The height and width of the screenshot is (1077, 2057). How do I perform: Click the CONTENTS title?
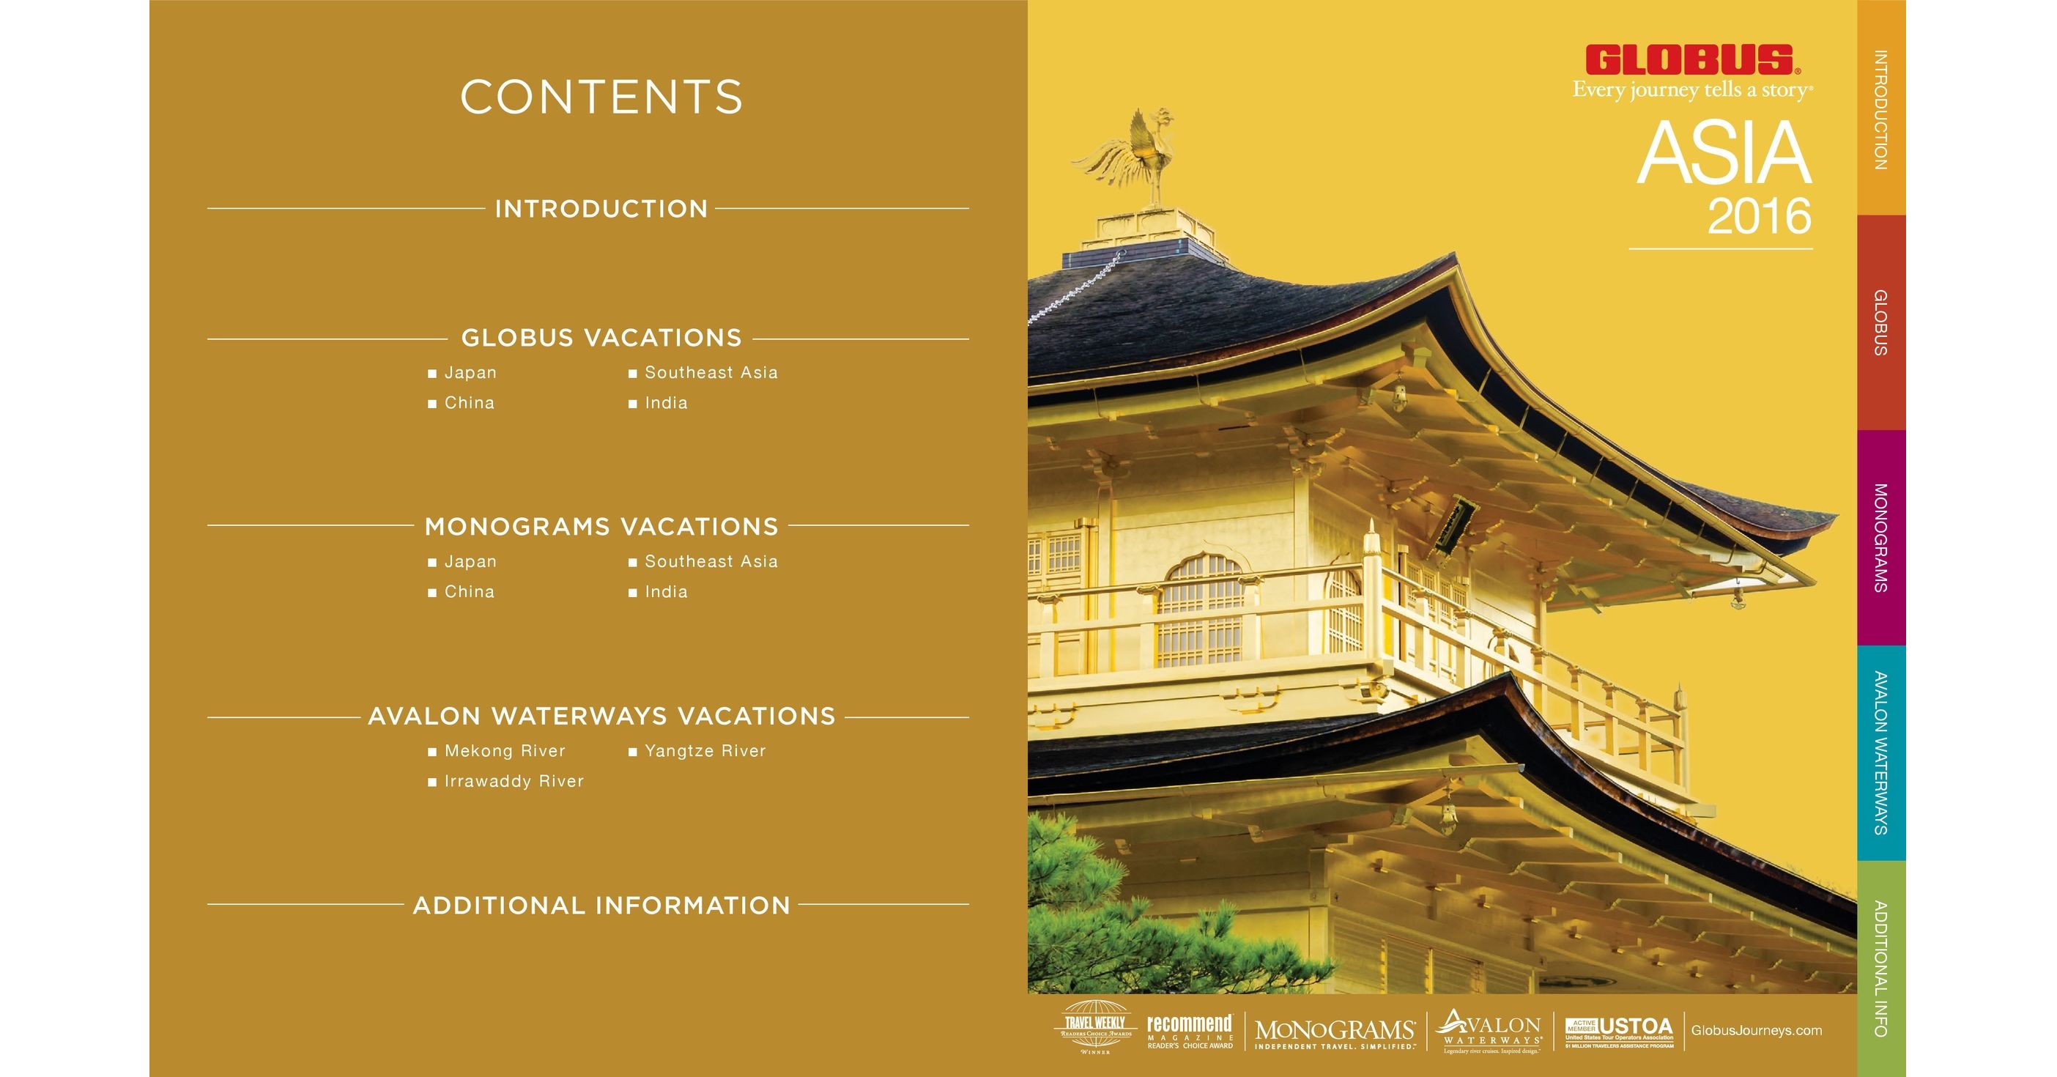coord(601,97)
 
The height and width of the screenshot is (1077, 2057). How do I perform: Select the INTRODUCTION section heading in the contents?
coord(601,210)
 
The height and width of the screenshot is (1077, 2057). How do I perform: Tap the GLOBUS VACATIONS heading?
coord(601,338)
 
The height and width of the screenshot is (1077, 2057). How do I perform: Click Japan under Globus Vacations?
coord(470,373)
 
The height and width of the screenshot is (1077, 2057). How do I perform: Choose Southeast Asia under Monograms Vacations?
coord(710,562)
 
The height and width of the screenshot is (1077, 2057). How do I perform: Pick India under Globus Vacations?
coord(665,403)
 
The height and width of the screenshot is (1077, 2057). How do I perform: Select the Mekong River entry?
coord(504,751)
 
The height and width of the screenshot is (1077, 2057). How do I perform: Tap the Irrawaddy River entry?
coord(514,782)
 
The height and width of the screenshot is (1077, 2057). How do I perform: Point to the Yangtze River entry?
coord(704,751)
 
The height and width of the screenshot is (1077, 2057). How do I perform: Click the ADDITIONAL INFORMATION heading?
coord(601,906)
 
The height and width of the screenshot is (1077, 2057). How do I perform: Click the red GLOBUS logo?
coord(1691,61)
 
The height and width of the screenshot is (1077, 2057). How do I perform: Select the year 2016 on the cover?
coord(1758,217)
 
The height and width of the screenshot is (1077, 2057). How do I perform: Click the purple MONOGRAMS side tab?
coord(1880,537)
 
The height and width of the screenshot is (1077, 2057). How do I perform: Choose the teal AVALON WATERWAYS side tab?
coord(1880,753)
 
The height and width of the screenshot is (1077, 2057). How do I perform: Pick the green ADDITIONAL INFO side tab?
coord(1880,969)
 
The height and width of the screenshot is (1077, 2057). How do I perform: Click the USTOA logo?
coord(1619,1031)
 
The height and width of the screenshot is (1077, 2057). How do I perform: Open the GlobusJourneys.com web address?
coord(1756,1031)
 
